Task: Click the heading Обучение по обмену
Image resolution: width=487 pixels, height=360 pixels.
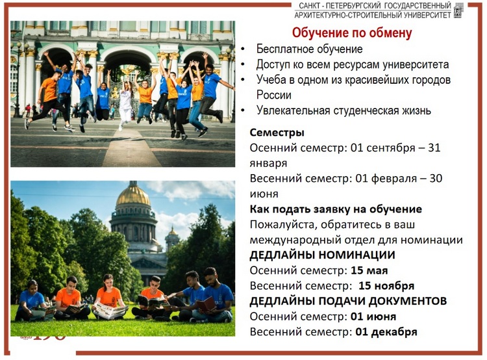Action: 352,33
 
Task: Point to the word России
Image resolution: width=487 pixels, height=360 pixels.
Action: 274,95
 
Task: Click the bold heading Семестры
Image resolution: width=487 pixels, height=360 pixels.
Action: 277,133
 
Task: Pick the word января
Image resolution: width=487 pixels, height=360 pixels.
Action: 268,163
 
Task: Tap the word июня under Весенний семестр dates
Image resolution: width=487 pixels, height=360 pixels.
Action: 264,194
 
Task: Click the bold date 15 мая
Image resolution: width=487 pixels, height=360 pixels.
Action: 369,270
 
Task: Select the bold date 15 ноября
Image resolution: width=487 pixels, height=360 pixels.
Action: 386,286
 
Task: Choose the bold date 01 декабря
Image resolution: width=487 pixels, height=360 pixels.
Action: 386,332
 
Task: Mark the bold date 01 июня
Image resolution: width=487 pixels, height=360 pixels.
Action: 373,316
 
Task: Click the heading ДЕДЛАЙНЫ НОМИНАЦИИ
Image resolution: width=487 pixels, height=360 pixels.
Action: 322,255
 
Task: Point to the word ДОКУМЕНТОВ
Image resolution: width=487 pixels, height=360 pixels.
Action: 403,301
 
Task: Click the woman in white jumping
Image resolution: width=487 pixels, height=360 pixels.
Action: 125,103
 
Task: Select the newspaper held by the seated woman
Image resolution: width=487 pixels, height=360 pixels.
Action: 110,310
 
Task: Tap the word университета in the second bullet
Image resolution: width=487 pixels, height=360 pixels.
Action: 416,65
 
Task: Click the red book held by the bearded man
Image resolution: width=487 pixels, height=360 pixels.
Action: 206,304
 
